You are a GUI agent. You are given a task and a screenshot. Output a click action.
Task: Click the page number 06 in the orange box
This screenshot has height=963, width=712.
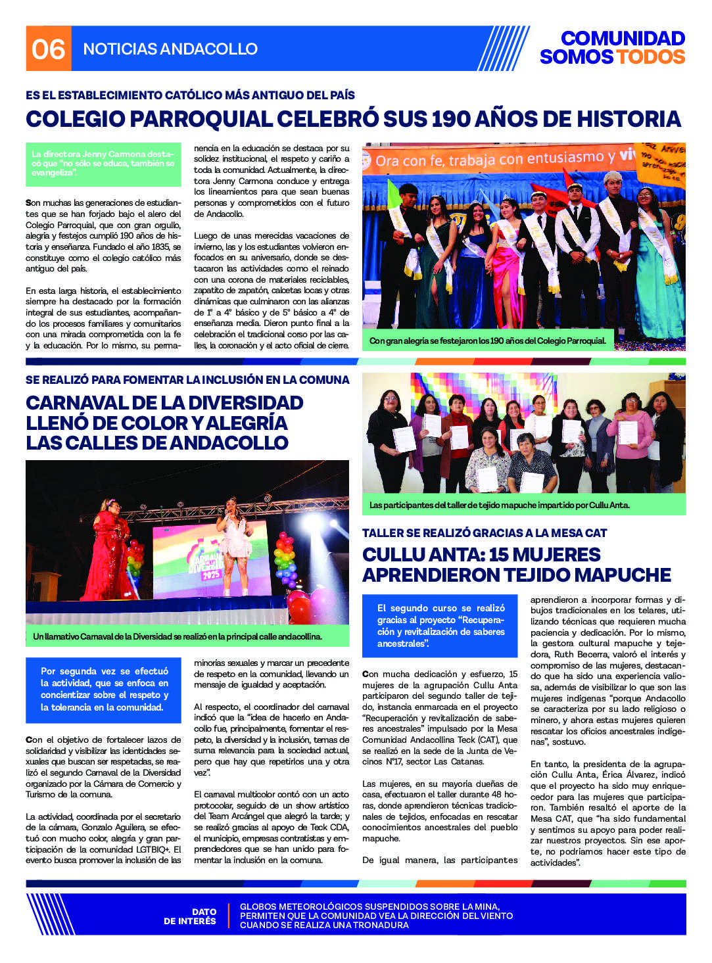coord(48,49)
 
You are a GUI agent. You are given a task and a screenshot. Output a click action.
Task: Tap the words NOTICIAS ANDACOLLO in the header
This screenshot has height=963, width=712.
coord(170,49)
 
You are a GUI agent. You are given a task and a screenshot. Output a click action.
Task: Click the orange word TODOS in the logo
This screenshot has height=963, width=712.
coord(650,57)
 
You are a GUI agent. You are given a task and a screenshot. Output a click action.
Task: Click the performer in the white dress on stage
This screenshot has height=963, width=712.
coord(235,542)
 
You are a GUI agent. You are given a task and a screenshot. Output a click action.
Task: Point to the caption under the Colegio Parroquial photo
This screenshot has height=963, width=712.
coord(487,341)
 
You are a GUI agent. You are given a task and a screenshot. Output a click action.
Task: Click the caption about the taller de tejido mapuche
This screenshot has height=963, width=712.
coord(500,505)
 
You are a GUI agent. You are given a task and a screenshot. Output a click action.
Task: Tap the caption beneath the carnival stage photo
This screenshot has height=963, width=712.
coord(178,636)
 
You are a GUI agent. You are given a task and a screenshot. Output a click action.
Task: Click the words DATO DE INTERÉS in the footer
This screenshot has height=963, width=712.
coord(190,916)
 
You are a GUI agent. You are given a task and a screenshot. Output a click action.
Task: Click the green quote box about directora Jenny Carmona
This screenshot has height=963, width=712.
coord(103,164)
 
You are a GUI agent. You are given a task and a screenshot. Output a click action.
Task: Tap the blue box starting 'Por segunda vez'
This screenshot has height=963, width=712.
coord(105,689)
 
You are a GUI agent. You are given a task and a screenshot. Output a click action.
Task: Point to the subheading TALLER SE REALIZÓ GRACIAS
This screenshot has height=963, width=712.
coord(485,533)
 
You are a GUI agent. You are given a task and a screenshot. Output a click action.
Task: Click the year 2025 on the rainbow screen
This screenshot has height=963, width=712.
coord(210,574)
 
